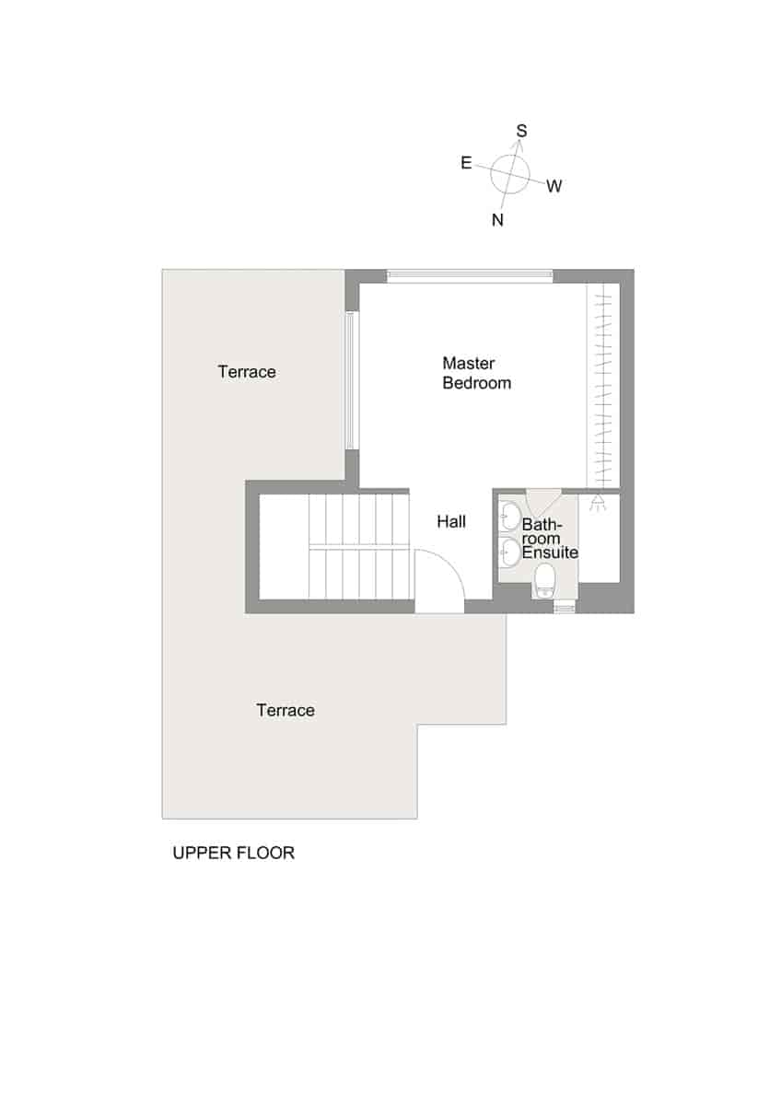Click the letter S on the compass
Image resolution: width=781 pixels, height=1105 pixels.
coord(521,132)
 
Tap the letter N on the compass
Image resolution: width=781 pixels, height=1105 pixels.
coord(497,219)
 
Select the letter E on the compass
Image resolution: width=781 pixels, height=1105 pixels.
coord(466,163)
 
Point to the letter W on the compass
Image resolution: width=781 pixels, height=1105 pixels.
coord(554,187)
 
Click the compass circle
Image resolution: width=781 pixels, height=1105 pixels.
coord(510,173)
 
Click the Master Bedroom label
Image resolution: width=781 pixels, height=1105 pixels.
coord(476,373)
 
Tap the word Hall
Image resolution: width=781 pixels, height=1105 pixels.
coord(451,522)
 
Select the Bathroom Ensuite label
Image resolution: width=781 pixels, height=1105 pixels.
coord(549,539)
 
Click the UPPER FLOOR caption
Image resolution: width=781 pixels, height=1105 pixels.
coord(234,853)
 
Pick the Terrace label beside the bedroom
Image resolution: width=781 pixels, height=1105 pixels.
coord(247,372)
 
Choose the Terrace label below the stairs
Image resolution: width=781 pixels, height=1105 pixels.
coord(286,710)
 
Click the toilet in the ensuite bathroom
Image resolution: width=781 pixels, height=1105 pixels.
coord(545,580)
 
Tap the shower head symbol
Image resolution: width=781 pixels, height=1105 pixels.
coord(599,503)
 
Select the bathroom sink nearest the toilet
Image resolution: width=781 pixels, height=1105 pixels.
coord(509,552)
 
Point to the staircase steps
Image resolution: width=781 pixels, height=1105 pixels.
coord(359,547)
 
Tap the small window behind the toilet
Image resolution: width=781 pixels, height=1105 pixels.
coord(563,607)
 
